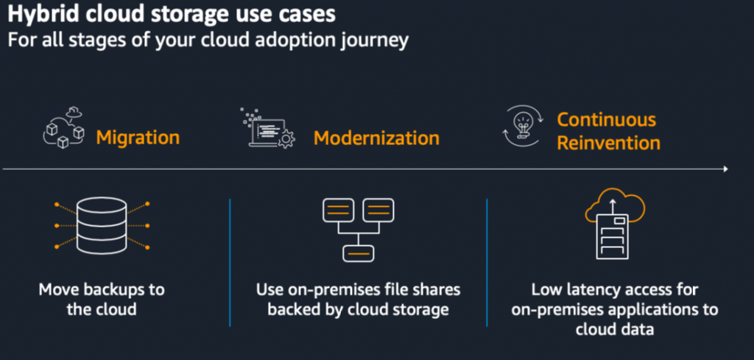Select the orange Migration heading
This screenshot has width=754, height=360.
tap(138, 138)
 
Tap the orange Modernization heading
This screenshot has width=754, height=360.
tap(376, 138)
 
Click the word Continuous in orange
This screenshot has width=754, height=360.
tap(606, 119)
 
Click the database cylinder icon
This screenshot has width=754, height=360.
tap(102, 224)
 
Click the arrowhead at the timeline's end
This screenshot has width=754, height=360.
tap(725, 169)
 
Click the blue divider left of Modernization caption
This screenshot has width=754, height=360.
tap(230, 261)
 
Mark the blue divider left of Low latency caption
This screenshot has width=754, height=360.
tap(487, 261)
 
